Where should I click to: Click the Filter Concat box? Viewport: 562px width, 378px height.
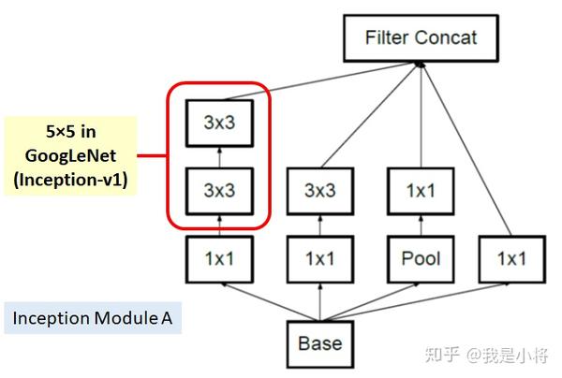coord(421,38)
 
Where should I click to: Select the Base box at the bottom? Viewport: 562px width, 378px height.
coord(319,343)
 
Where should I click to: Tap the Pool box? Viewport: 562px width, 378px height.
coord(420,259)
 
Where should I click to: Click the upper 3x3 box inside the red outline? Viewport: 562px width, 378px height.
coord(218,121)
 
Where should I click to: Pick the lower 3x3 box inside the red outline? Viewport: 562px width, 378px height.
coord(218,191)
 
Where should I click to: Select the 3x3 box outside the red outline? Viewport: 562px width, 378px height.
coord(319,191)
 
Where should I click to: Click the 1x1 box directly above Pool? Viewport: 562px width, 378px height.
coord(420,191)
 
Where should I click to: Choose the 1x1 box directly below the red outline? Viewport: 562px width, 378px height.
coord(218,259)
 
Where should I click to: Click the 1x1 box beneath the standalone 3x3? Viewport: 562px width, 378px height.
coord(319,259)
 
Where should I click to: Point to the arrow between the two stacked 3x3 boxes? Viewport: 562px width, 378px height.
coord(218,156)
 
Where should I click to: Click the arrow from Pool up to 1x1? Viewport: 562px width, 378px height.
coord(420,225)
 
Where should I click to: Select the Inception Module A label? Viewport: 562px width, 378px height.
coord(92,318)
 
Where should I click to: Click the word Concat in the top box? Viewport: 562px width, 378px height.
coord(446,38)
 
